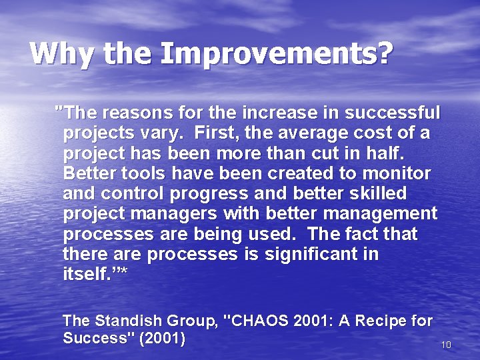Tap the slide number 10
tap(446, 345)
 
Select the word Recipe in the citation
tap(381, 321)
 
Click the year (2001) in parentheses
tap(162, 338)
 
